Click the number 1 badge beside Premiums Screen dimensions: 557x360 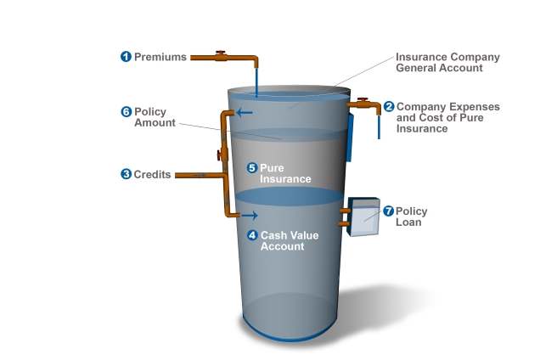coord(126,57)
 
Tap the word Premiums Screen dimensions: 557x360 coord(160,57)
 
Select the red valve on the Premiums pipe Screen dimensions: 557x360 coord(221,54)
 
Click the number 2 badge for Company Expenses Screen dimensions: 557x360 coord(389,107)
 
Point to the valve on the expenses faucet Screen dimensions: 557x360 coord(363,100)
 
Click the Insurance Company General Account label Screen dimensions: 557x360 coord(447,63)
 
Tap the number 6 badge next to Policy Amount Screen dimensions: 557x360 coord(127,112)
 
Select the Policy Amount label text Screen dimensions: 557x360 coord(155,117)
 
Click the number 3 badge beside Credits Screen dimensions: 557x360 coord(127,174)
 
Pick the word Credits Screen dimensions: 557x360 coord(152,175)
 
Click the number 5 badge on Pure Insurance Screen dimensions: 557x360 coord(252,168)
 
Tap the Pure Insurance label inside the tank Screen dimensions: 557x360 coord(285,173)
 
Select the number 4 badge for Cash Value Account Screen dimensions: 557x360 coord(252,235)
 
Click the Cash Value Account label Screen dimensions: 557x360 coord(290,241)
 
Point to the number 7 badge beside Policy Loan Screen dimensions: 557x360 coord(389,211)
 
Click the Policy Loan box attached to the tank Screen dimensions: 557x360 coord(363,217)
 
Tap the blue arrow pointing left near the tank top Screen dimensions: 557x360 coord(245,113)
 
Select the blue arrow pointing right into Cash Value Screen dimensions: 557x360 coord(250,216)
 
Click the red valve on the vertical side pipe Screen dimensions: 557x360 coord(220,155)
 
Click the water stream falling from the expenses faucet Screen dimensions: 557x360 coord(379,127)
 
